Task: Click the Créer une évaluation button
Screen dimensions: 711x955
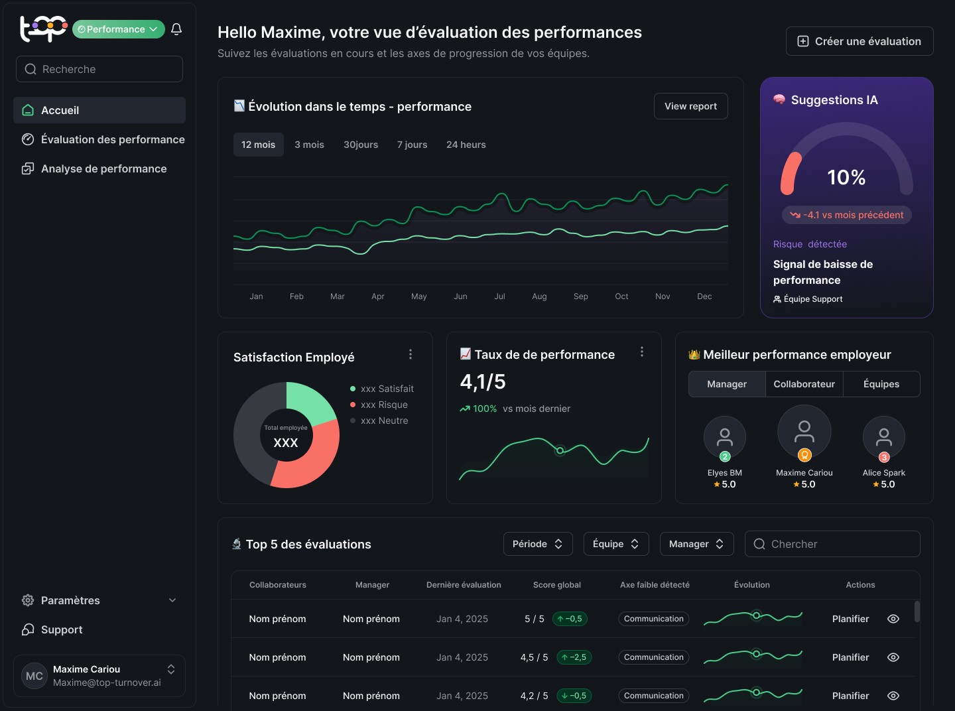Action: pos(859,41)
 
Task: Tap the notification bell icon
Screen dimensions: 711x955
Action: pos(176,29)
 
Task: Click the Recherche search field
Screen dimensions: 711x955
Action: pos(99,69)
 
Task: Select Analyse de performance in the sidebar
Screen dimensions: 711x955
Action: pos(103,168)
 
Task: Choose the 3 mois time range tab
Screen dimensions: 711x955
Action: pos(309,145)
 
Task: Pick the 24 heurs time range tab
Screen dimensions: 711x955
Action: pos(466,145)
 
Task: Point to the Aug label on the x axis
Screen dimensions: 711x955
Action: pos(539,296)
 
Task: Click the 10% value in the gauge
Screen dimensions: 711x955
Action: pos(846,177)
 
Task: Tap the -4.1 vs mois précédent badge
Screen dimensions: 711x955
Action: pos(846,215)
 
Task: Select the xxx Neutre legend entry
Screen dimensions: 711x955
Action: pos(384,420)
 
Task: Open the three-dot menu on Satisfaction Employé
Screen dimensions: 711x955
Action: pos(411,354)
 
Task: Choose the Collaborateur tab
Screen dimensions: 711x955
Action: pos(804,384)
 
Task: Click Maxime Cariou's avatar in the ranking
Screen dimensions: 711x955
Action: pos(804,431)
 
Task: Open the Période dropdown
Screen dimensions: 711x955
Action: pos(537,544)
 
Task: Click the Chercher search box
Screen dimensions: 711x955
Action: pos(832,544)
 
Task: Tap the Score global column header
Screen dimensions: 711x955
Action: pos(556,585)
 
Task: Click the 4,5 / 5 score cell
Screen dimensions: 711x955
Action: pos(534,657)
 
